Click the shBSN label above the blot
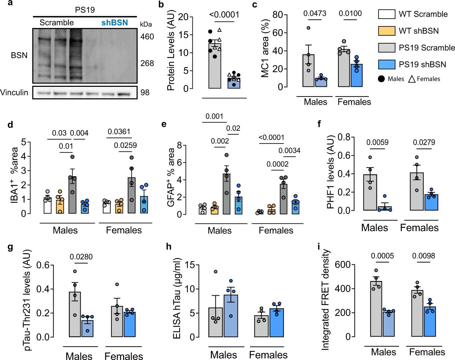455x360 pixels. [114, 23]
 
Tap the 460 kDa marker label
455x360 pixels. [147, 37]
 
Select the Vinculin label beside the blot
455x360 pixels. [14, 93]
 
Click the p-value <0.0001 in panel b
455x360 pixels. [224, 15]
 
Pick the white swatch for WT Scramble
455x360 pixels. [387, 14]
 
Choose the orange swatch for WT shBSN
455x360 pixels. [387, 31]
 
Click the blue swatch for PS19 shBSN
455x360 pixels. [387, 64]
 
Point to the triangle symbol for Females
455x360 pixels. [412, 79]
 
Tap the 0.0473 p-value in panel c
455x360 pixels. [315, 14]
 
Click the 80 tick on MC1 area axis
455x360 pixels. [277, 15]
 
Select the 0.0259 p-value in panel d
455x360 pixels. [125, 145]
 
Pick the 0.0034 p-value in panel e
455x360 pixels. [289, 151]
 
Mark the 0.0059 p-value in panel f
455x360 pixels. [377, 142]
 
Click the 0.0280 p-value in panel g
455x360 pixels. [81, 257]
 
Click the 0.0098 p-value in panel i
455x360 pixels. [423, 256]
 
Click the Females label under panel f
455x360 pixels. [419, 228]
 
